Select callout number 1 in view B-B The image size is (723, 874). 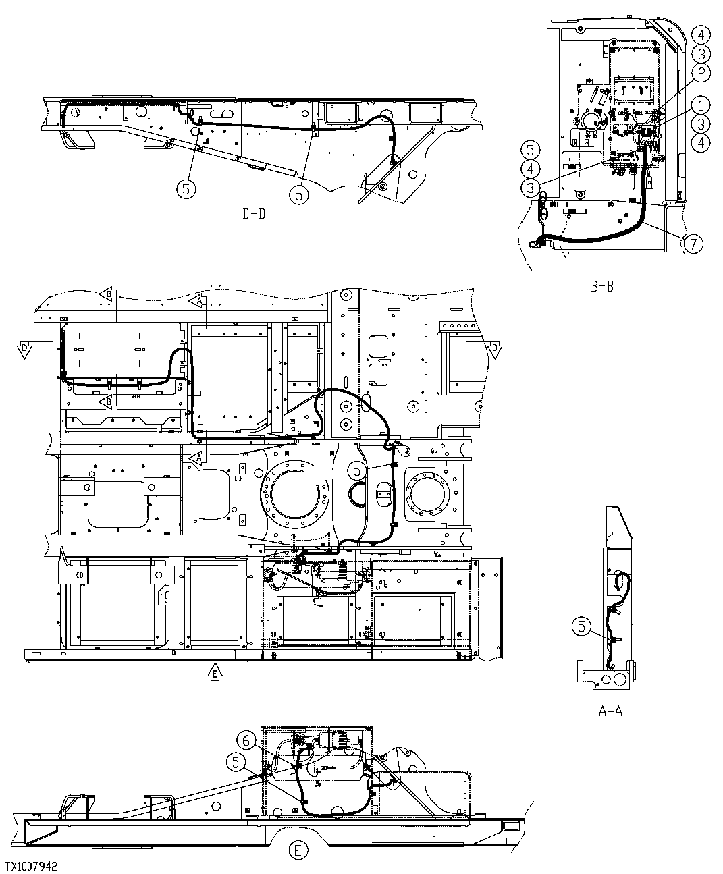point(701,105)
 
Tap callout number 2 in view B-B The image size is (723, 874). point(701,72)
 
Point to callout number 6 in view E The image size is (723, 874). point(247,741)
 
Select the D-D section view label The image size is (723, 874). point(254,214)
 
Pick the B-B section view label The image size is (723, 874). point(601,285)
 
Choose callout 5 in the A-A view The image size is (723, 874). point(581,627)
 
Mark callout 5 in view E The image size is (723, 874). point(236,761)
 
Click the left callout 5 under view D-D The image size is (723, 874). point(186,190)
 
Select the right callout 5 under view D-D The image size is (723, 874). point(298,194)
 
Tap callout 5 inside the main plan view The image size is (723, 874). point(358,468)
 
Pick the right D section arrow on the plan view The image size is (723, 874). point(493,347)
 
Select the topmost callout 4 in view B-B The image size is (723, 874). point(701,34)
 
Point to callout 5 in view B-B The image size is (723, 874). point(531,149)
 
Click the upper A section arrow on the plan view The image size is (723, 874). point(197,302)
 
